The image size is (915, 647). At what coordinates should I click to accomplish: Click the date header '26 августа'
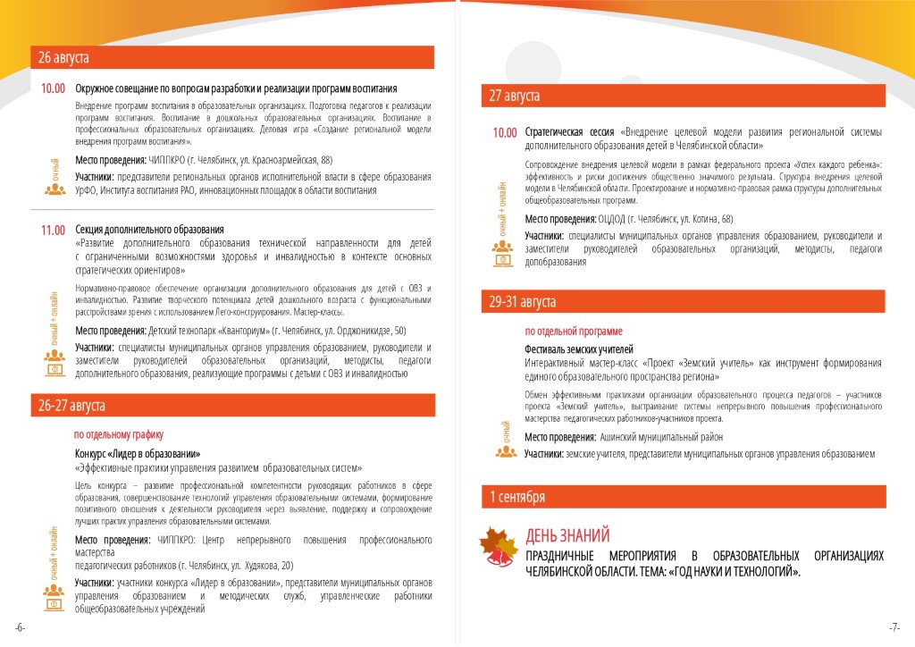63,58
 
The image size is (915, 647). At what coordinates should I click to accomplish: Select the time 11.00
54,231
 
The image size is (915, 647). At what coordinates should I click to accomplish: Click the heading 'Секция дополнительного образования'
149,230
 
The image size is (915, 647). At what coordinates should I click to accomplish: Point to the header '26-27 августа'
71,406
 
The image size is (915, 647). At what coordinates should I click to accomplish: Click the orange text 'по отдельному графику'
119,435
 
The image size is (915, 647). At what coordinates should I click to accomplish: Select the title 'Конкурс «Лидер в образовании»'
138,453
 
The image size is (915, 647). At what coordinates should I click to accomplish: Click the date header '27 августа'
514,96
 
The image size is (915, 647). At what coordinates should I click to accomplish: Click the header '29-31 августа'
522,302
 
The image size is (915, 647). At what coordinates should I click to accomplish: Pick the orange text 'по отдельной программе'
574,332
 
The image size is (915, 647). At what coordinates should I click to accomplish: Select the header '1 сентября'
516,496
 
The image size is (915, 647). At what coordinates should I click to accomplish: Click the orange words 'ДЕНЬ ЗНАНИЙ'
567,535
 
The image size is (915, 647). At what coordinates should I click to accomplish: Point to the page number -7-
894,626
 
